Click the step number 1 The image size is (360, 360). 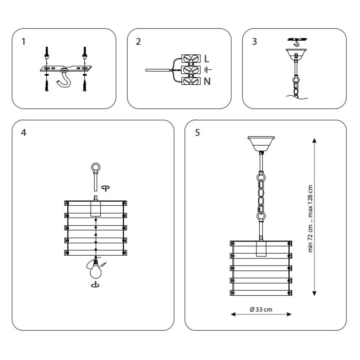click(x=24, y=42)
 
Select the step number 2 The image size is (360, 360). click(x=138, y=42)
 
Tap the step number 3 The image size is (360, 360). click(x=254, y=42)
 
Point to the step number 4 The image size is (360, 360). click(x=24, y=132)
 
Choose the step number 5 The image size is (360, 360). click(x=198, y=132)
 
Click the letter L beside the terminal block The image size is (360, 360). click(x=207, y=59)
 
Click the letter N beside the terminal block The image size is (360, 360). click(x=207, y=81)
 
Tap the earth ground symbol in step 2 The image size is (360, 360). click(x=208, y=70)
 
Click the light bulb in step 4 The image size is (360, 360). click(x=96, y=270)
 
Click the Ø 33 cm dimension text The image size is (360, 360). click(x=261, y=310)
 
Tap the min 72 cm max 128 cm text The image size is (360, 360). click(x=310, y=218)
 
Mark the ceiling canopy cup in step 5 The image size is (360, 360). click(x=261, y=144)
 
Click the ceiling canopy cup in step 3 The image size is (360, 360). click(x=296, y=54)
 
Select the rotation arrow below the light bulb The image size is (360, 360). click(x=95, y=284)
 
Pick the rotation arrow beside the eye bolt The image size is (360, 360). click(x=105, y=188)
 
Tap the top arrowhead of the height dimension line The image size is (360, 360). click(x=314, y=140)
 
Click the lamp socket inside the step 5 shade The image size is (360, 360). click(x=261, y=249)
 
